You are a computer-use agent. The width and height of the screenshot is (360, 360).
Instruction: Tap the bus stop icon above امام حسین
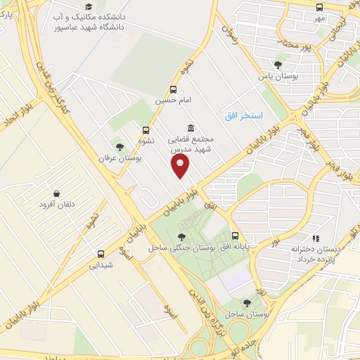click(x=174, y=89)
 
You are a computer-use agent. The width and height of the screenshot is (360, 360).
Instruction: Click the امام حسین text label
click(x=174, y=101)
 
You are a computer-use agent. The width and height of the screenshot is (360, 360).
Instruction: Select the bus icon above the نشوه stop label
click(x=146, y=130)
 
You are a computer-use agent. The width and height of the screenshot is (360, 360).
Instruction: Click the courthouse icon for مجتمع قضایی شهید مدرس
click(x=191, y=127)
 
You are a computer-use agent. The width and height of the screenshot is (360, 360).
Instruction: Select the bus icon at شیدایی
click(x=101, y=254)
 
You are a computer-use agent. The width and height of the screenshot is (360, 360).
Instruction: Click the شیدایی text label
click(x=101, y=266)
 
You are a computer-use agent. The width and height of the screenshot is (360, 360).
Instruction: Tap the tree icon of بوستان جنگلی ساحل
click(x=182, y=237)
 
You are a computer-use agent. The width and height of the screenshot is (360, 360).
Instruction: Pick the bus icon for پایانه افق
click(x=236, y=237)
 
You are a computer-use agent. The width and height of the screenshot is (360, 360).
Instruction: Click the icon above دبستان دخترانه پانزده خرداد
click(x=316, y=238)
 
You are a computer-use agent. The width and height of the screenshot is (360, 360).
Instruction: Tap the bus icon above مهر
click(x=320, y=7)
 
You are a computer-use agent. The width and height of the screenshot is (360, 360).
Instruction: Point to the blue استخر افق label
click(x=243, y=114)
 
